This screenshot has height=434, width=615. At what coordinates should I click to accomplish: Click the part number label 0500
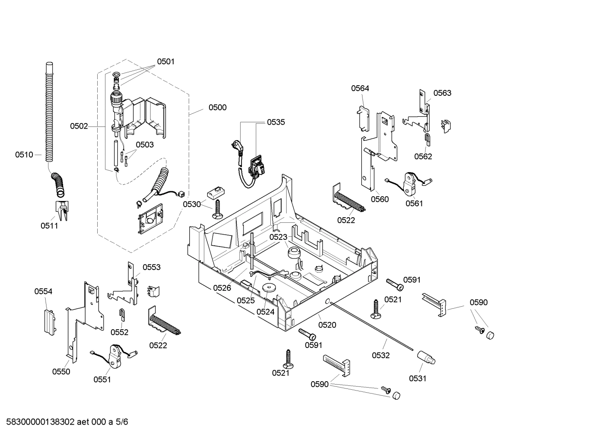217,108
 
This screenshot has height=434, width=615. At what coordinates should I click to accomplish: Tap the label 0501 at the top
165,62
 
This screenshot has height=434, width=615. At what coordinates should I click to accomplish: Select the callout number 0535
276,122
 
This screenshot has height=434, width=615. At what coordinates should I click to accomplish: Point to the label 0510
24,155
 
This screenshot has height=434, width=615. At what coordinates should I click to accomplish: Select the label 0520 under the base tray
327,325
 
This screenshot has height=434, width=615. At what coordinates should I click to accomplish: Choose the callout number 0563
442,93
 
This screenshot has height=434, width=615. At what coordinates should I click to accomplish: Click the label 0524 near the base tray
265,312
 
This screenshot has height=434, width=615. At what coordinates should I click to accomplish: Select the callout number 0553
151,267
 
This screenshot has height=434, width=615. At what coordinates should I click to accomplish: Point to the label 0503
145,145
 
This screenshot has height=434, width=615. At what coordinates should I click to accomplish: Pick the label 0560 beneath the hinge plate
380,199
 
